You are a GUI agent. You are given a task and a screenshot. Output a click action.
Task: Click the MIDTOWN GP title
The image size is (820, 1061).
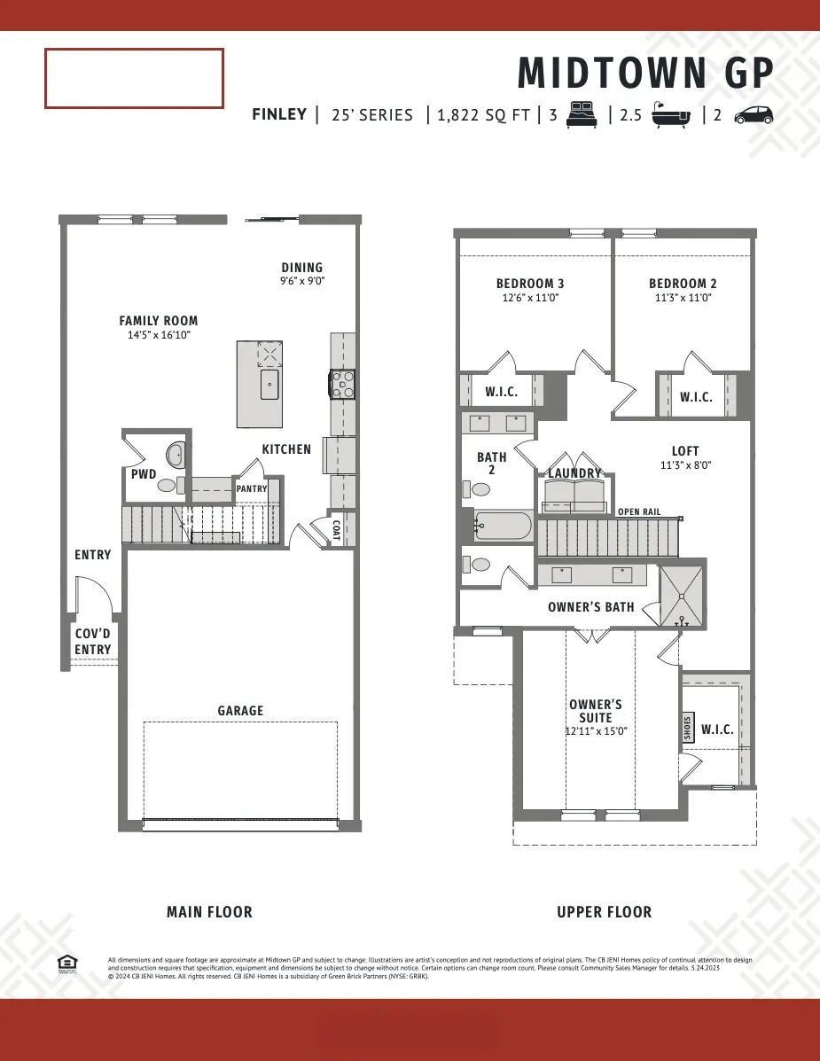pos(645,73)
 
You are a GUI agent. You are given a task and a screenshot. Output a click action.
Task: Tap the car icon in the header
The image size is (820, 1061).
pos(753,115)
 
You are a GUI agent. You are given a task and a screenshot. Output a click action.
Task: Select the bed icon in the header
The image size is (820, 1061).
pos(582,114)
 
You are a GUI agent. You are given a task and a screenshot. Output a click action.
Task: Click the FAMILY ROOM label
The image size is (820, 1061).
pos(159,321)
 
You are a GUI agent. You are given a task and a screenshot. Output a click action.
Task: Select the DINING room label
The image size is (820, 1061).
pos(302,268)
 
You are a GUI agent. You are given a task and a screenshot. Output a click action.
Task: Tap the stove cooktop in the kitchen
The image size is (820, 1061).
pos(342,384)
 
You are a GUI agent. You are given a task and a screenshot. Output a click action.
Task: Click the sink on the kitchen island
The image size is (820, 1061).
pos(269,384)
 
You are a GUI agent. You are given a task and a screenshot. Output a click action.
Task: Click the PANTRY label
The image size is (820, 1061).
pos(252,488)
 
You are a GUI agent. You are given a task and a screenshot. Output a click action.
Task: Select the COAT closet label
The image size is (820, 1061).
pos(336,529)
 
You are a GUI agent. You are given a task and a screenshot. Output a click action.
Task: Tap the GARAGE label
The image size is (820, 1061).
pos(240,711)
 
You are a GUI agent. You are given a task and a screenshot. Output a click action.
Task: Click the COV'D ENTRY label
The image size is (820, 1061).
pos(93,642)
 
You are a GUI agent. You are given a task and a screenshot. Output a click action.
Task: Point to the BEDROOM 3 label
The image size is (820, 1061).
pos(530,284)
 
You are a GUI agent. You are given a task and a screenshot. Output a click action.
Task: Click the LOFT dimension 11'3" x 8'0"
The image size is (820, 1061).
pos(685,464)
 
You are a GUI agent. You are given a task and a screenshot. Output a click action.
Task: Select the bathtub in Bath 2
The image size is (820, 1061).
pos(503,527)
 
